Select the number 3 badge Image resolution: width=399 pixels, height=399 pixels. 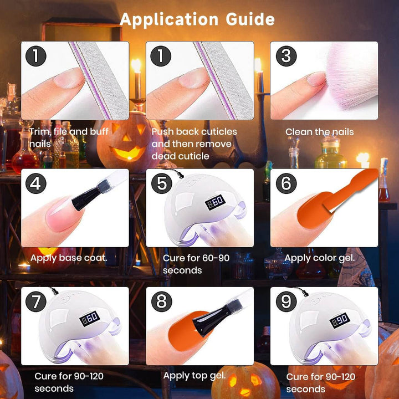(x=286, y=56)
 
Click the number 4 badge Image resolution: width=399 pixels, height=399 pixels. (x=37, y=183)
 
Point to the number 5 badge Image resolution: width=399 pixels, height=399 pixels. (x=162, y=183)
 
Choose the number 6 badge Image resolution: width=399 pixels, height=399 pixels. (x=286, y=183)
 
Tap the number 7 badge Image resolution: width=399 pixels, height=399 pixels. (x=37, y=302)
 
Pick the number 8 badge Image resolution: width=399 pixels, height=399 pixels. (x=162, y=302)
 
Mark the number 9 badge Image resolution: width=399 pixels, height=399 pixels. (x=286, y=302)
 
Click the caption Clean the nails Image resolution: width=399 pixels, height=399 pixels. (x=319, y=132)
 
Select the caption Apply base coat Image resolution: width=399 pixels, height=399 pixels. (x=69, y=258)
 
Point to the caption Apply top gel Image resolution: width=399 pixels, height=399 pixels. (x=195, y=376)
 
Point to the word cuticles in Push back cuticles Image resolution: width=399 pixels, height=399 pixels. (x=217, y=132)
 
